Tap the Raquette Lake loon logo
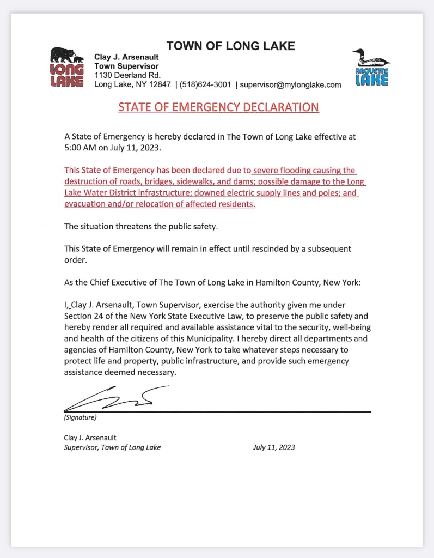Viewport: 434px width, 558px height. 371,67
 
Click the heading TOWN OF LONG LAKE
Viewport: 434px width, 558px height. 230,46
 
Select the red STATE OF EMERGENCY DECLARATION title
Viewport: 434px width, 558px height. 218,107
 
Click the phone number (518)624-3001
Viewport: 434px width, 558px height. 205,84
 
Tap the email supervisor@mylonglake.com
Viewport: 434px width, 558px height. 290,84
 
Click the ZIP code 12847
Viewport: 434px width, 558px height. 160,84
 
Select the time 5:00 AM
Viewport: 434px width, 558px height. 81,147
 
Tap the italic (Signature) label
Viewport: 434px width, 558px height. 80,418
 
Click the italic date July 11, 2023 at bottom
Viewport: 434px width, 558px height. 274,447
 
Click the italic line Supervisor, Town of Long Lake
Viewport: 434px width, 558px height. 112,447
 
